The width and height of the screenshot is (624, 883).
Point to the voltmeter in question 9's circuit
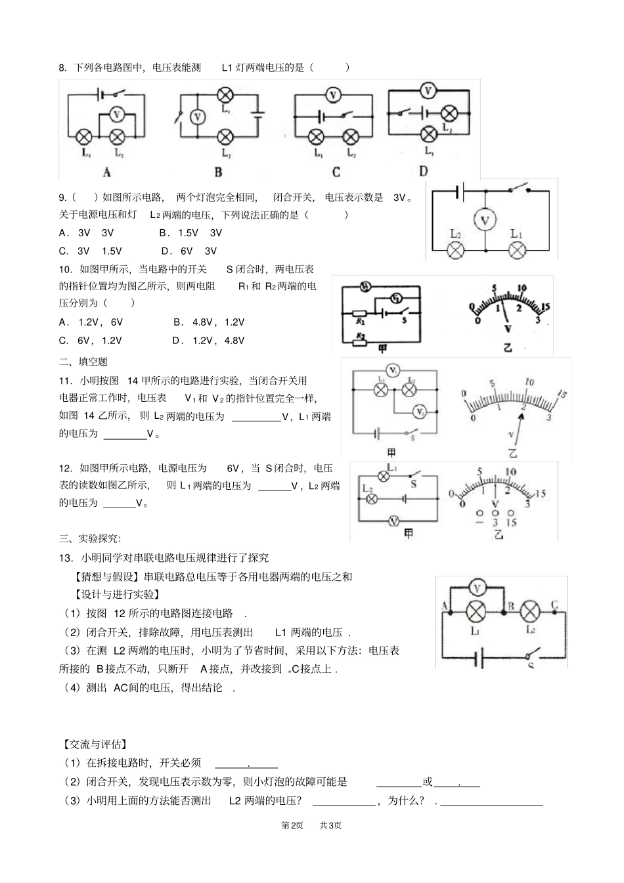[x=485, y=221]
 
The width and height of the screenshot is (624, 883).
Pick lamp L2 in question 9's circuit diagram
[x=456, y=250]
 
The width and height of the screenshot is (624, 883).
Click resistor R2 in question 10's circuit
[x=359, y=337]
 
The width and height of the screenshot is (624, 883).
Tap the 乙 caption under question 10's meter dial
[x=506, y=347]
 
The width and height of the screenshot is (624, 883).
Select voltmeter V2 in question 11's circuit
[x=420, y=411]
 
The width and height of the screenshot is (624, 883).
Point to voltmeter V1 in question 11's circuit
[x=392, y=371]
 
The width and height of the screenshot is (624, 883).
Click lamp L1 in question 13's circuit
[x=475, y=612]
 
